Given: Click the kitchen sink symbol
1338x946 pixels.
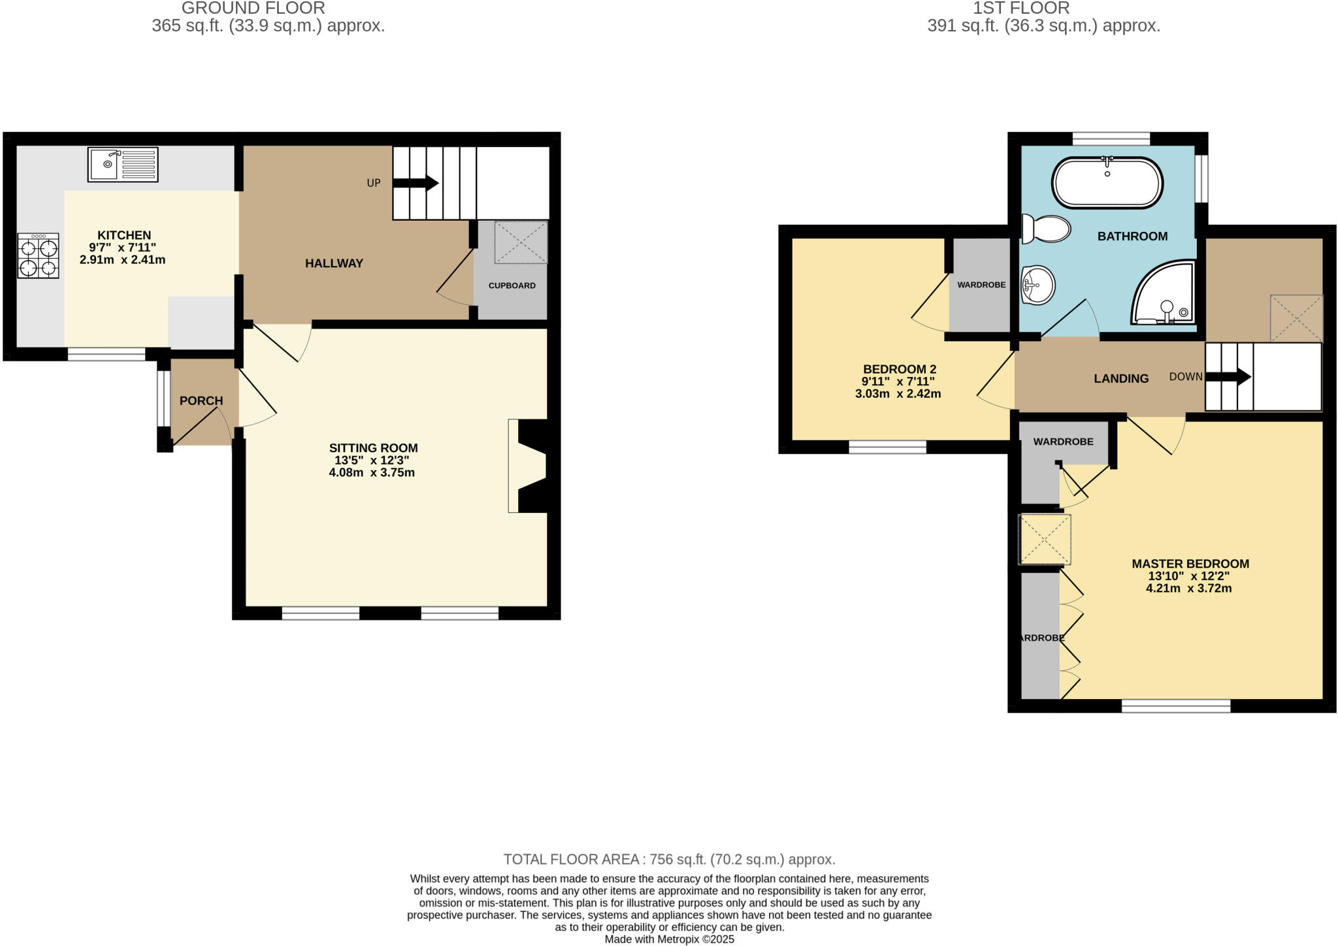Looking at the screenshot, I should point(123,165).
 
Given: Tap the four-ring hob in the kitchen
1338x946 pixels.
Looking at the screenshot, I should point(39,255).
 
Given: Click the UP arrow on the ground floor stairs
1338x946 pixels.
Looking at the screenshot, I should point(422,183).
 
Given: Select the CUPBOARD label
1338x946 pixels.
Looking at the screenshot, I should point(512,285).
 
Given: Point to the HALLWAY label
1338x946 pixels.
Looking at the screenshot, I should point(334,263).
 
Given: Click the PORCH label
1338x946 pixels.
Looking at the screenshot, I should point(201,400).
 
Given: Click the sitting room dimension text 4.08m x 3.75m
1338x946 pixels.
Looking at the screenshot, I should point(372,472).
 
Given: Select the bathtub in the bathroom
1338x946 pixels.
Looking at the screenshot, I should point(1107,183).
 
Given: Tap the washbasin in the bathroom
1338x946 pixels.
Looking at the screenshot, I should point(1037,285).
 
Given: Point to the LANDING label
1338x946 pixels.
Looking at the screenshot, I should point(1121,378).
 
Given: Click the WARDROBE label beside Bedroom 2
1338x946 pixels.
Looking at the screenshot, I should point(981,285).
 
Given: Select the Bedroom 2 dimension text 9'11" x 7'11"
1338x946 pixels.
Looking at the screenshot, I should point(898,382).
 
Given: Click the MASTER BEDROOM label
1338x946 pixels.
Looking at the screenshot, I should point(1190,563).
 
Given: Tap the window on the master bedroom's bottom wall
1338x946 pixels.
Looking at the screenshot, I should point(1176,706).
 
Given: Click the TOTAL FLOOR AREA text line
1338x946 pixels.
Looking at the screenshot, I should point(669,859).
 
